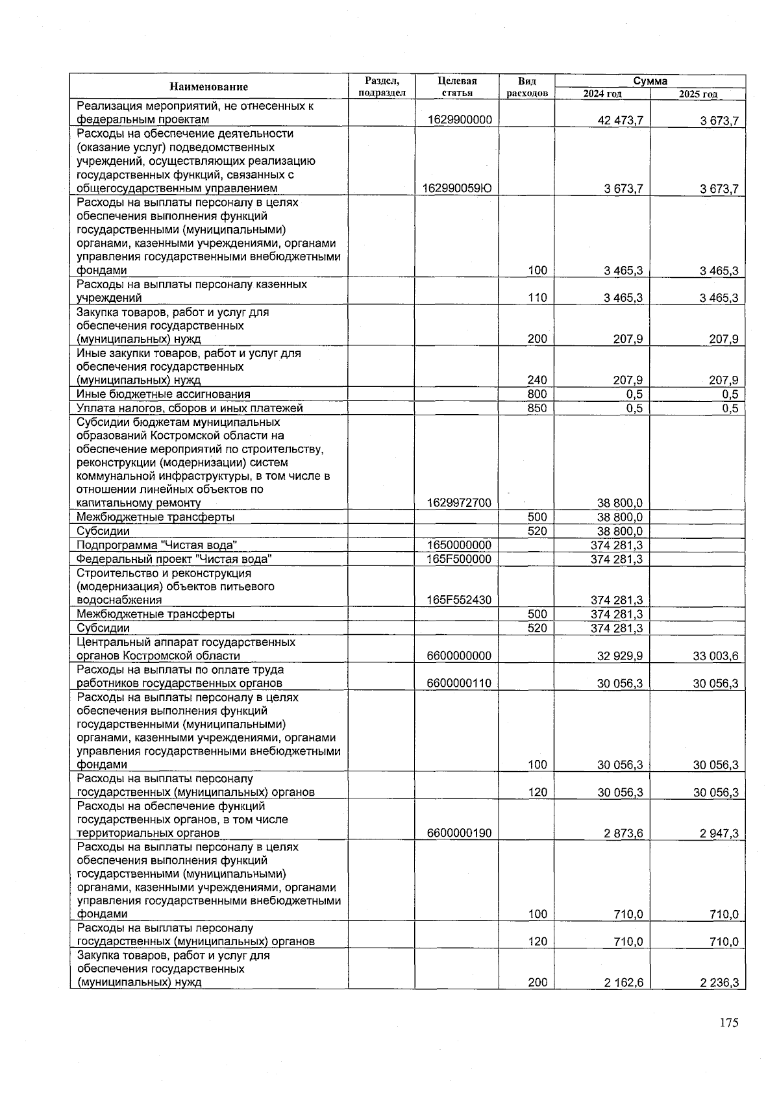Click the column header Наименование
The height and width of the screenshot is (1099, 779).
click(x=208, y=87)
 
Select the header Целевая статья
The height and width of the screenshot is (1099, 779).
click(x=456, y=87)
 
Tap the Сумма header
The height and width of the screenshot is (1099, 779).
click(x=650, y=81)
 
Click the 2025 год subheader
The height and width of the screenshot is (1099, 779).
click(x=698, y=94)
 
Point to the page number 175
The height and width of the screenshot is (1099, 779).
click(x=728, y=1023)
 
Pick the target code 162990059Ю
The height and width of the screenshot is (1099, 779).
click(x=457, y=189)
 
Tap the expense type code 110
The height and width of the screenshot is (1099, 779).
click(x=537, y=298)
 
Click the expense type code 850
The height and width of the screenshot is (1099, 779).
click(x=537, y=408)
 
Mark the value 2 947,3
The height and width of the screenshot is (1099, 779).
click(x=719, y=834)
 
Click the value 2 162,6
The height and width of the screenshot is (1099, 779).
click(x=623, y=983)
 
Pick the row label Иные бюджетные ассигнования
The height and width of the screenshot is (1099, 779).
click(x=163, y=395)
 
